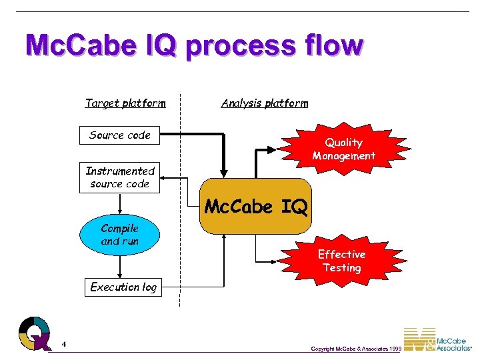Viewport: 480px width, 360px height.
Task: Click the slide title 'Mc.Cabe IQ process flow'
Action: coord(194,46)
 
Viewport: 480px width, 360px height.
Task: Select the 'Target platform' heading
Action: coord(125,103)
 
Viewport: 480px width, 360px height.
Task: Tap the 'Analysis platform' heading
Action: coord(265,103)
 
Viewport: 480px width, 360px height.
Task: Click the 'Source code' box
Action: coord(120,135)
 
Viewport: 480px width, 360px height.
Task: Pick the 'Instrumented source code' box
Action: coord(120,178)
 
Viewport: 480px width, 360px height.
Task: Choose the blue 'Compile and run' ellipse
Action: coord(120,235)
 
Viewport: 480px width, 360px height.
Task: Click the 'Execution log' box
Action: coord(123,287)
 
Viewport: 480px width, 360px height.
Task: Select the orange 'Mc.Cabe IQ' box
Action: coord(256,207)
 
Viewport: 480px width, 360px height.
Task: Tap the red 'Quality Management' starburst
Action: coord(343,149)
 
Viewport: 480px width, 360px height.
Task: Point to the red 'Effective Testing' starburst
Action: coord(341,261)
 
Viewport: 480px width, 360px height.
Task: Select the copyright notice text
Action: coord(356,349)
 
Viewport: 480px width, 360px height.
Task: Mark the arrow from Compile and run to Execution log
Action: coord(120,265)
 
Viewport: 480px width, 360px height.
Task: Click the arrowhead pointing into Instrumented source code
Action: coord(164,178)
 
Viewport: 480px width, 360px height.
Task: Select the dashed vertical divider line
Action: coord(179,200)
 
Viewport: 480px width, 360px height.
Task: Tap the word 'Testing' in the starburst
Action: coord(341,268)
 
